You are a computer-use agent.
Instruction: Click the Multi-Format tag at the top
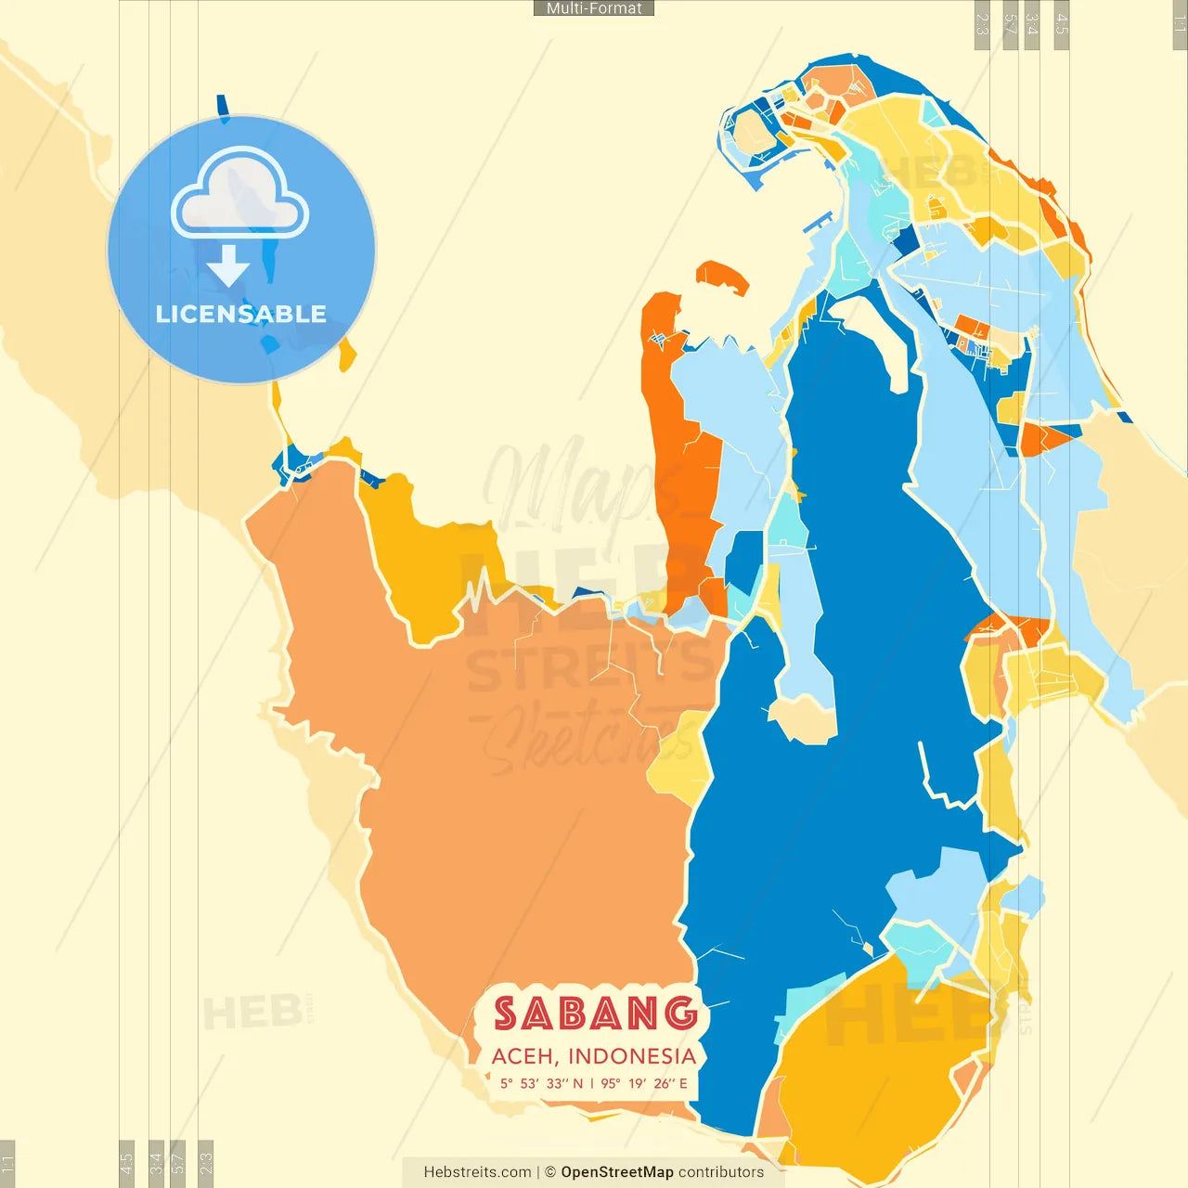point(594,8)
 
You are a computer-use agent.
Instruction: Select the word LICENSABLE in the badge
point(241,314)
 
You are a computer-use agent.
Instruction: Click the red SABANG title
point(595,1014)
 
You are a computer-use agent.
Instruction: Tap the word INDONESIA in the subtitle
point(632,1056)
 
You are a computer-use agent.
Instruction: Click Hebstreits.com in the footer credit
point(477,1172)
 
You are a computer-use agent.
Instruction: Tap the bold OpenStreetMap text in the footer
point(617,1172)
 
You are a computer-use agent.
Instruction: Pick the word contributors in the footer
point(721,1172)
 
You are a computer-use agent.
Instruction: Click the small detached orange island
point(721,275)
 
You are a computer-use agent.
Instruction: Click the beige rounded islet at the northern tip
point(753,133)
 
